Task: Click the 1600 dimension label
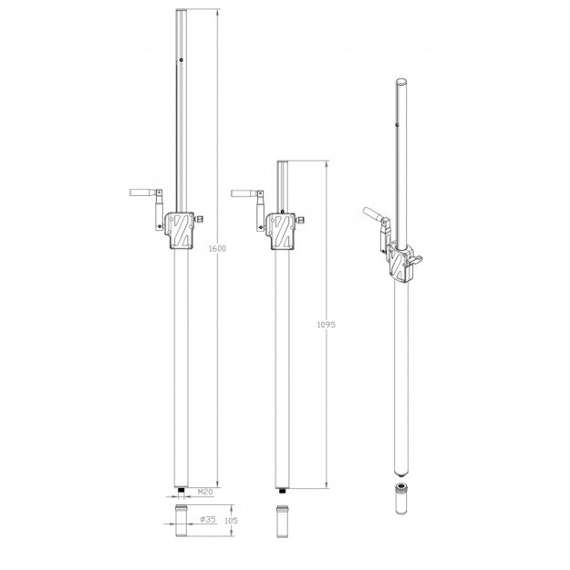click(x=217, y=249)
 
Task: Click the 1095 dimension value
click(x=326, y=325)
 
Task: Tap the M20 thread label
click(x=205, y=492)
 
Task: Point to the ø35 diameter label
click(x=208, y=519)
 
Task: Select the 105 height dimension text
click(x=231, y=521)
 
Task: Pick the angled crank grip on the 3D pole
click(x=372, y=213)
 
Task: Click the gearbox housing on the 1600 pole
click(x=179, y=231)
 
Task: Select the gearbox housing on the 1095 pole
click(x=280, y=232)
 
